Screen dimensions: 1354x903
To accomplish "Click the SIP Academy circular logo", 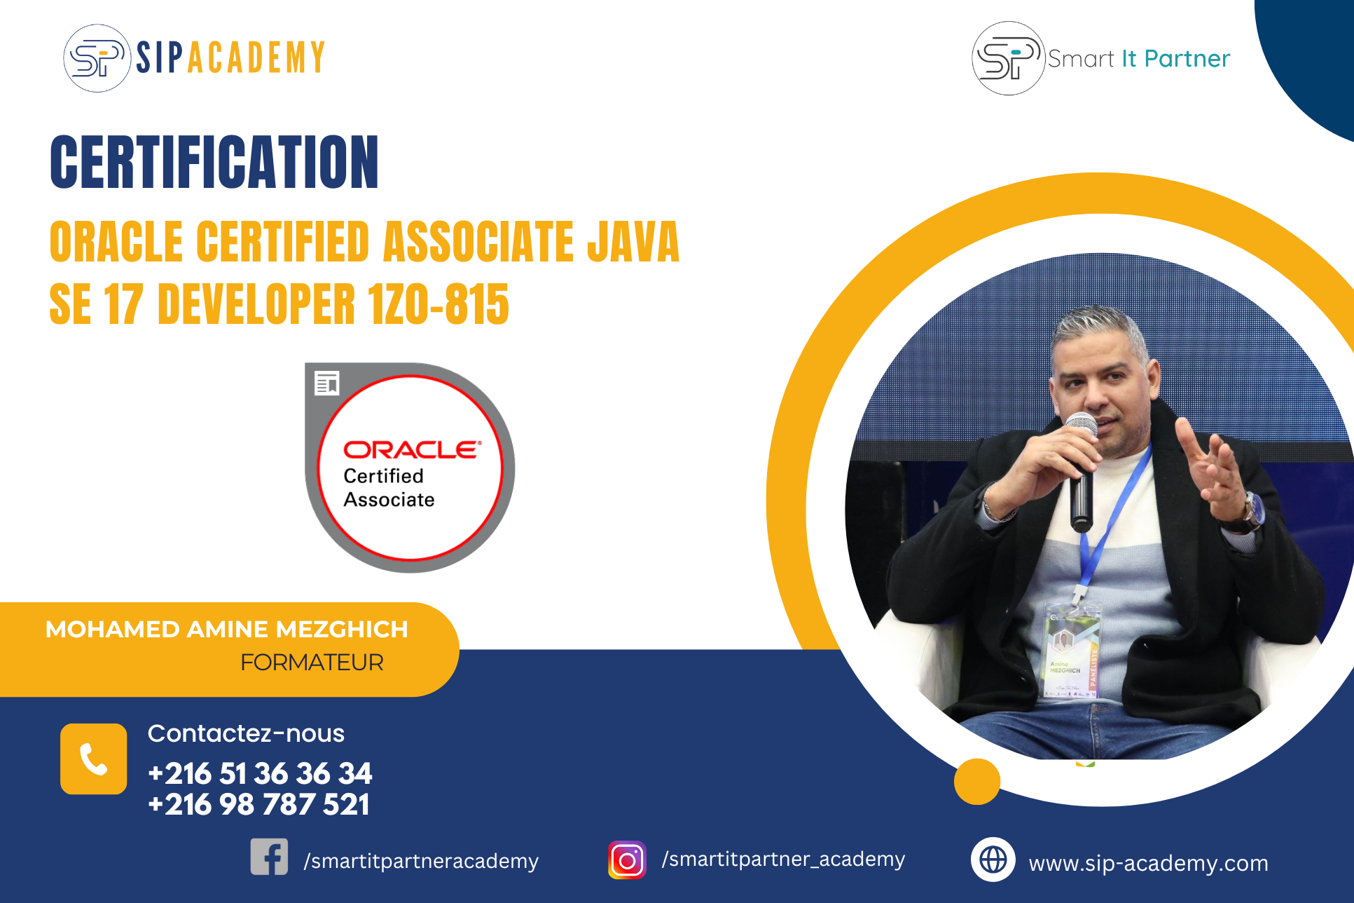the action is click(97, 58).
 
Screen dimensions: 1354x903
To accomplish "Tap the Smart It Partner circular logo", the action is click(1008, 58).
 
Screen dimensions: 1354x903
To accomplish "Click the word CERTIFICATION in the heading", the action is click(214, 162).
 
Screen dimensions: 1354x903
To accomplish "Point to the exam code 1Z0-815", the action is click(438, 304).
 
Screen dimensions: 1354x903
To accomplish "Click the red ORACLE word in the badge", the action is click(412, 449).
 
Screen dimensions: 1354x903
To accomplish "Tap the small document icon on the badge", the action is click(327, 383).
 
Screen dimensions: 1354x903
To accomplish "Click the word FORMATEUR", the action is click(312, 662).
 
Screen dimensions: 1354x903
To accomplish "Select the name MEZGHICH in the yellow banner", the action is click(342, 629).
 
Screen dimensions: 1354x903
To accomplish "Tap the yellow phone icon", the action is click(93, 759).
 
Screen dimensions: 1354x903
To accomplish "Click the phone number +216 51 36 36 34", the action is click(260, 773).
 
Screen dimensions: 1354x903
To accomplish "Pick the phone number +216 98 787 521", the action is click(258, 804).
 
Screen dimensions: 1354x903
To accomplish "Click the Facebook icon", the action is click(269, 857).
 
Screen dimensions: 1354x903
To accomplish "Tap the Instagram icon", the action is click(627, 860).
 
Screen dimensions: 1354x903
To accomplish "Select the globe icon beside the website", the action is click(993, 860).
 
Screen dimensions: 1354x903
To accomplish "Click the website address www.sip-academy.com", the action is click(1148, 863).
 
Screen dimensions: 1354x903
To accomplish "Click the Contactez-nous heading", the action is click(246, 733).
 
